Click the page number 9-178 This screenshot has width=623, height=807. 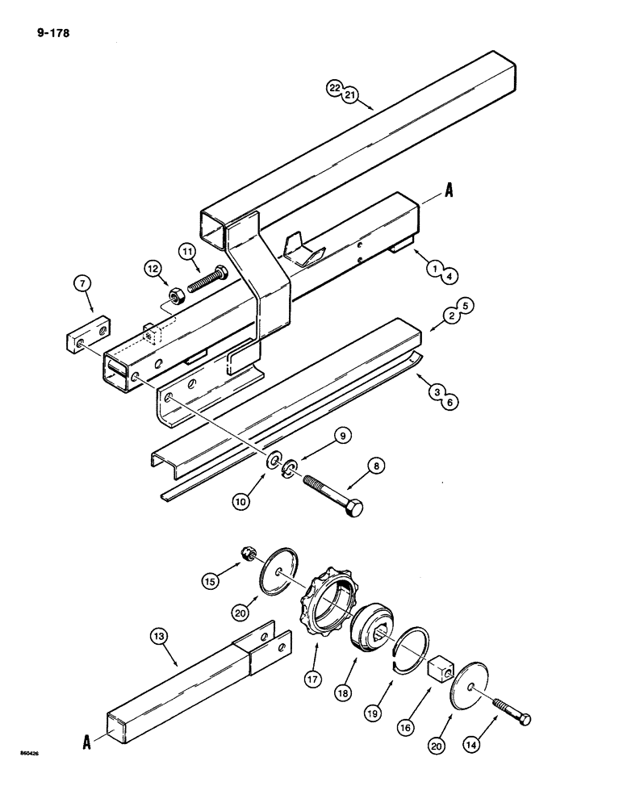pyautogui.click(x=49, y=34)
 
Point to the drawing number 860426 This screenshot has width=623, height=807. pyautogui.click(x=28, y=755)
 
